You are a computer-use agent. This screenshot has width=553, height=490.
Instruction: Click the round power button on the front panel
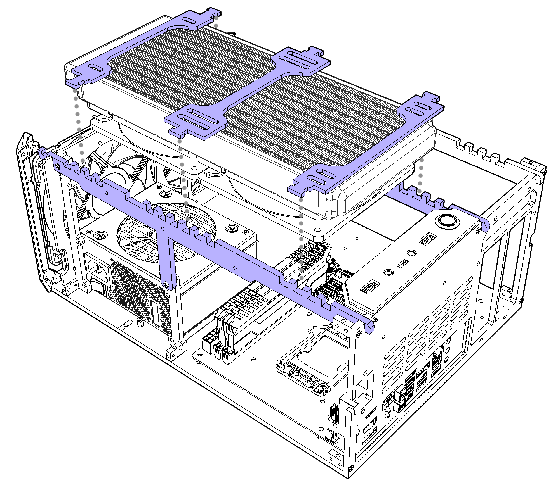click(448, 220)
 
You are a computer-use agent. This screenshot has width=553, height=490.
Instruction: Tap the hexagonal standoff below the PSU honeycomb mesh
click(139, 321)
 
